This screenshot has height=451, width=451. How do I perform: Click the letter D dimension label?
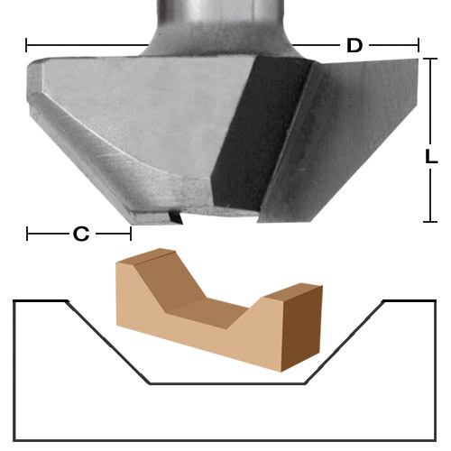click(354, 46)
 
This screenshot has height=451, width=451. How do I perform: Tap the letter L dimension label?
click(432, 156)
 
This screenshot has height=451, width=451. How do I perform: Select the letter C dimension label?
click(80, 235)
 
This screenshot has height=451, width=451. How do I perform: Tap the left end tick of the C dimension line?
click(28, 235)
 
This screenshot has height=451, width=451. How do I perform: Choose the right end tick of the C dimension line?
click(132, 235)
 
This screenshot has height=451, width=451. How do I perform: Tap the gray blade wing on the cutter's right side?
click(352, 135)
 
